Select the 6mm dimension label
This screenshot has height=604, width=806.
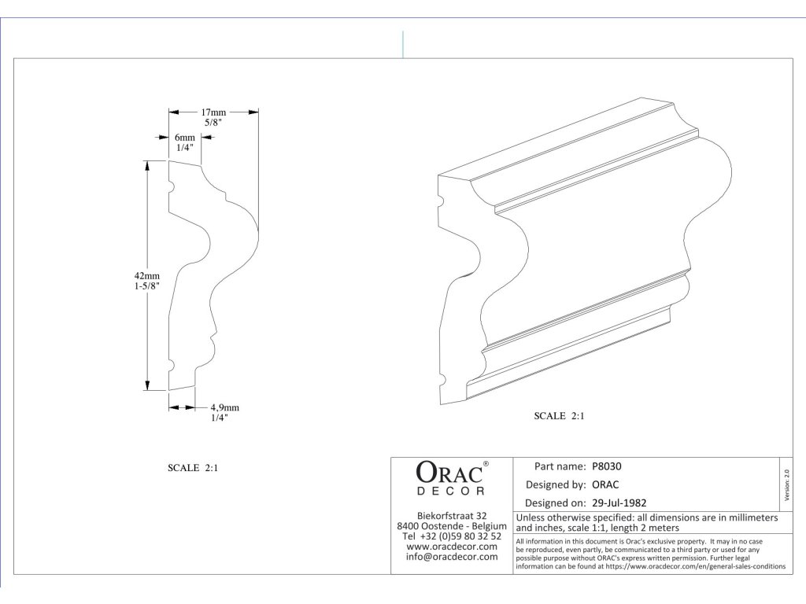point(185,137)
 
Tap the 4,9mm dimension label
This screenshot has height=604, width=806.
point(224,407)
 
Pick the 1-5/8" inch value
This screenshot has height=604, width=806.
point(147,287)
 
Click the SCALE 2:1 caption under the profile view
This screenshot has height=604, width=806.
point(193,467)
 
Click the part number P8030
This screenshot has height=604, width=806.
point(607,466)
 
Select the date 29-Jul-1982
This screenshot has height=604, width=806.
point(619,502)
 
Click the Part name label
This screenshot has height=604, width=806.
point(560,466)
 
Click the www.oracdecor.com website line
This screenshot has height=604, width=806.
point(452,546)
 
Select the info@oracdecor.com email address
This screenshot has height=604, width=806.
point(452,557)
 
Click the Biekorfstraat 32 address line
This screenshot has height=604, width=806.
point(452,515)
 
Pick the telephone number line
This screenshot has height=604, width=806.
point(452,536)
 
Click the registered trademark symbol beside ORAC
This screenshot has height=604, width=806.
point(486,464)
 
